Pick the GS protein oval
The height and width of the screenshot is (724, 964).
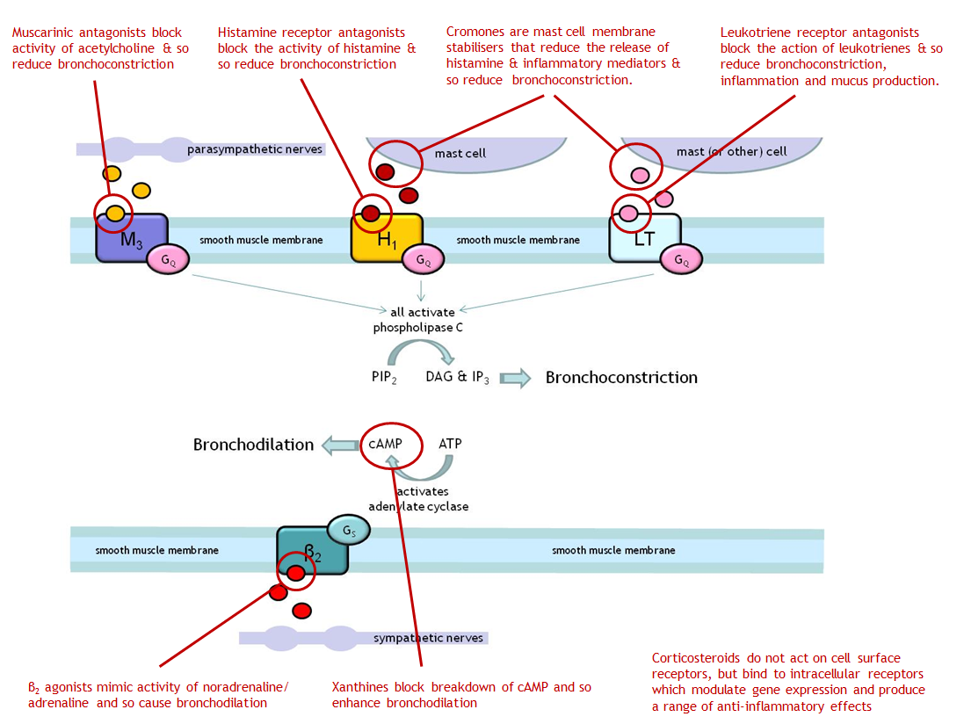click(x=348, y=530)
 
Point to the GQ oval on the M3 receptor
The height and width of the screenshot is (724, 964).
click(x=167, y=259)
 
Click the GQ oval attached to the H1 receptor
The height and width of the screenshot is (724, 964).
click(x=424, y=260)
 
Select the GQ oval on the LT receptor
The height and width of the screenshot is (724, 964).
click(x=681, y=260)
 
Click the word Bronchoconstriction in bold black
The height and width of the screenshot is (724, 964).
click(x=621, y=378)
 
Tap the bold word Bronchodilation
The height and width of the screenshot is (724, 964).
click(x=253, y=445)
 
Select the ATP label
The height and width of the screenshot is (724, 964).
click(x=450, y=444)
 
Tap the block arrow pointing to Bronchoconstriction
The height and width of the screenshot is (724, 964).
click(x=516, y=379)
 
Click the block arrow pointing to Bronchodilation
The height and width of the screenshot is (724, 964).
click(x=338, y=445)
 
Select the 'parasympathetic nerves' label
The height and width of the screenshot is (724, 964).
click(x=255, y=149)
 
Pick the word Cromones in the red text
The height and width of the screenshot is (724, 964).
click(x=474, y=32)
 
